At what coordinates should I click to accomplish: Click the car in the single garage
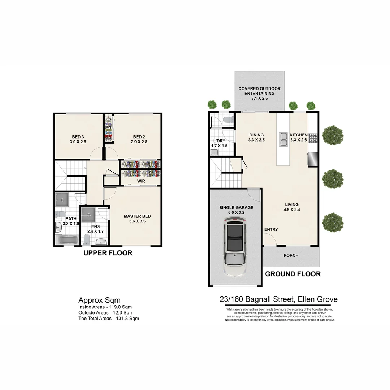coord(235,249)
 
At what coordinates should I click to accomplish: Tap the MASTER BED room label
coord(137,216)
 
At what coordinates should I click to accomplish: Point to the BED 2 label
coord(139,137)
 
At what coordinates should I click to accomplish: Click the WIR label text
coord(141,181)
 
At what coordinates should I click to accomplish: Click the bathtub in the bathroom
coord(68,240)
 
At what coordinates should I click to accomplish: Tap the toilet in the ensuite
coord(87,239)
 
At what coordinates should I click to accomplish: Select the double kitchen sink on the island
coord(283,140)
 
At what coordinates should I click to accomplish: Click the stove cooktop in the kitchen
coord(313,138)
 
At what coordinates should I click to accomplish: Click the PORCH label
coord(291,255)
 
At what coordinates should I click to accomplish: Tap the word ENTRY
coord(271,230)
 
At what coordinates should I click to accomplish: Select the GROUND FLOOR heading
coord(293,274)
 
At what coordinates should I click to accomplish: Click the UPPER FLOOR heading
coord(108,253)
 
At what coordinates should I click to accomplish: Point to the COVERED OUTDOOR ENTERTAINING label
coord(259,91)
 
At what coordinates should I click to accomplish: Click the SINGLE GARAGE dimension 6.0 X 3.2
coord(236,213)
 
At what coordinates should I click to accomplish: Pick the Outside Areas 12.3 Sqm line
coord(106,313)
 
